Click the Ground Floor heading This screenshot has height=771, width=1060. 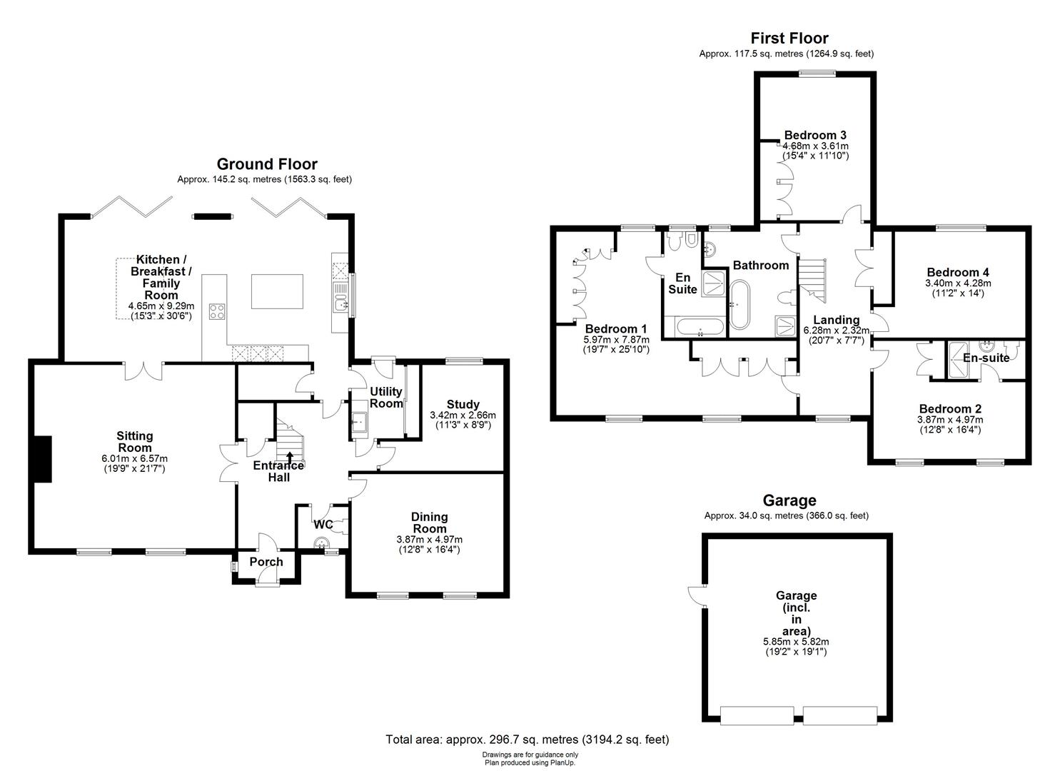click(267, 164)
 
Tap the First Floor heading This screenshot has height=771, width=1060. click(789, 38)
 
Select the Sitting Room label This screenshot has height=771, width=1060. click(135, 441)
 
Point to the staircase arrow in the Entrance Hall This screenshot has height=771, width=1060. click(290, 457)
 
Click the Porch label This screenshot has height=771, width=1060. click(266, 562)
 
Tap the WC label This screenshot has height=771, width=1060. click(323, 525)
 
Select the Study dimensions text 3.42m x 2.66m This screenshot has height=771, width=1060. click(463, 415)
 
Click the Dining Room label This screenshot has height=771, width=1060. click(429, 523)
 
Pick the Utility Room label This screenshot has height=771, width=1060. click(386, 397)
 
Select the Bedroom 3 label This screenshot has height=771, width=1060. click(815, 135)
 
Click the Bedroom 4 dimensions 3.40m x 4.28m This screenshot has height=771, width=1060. click(958, 283)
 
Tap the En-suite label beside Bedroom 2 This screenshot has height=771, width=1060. click(986, 358)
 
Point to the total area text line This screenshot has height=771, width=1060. click(528, 740)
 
